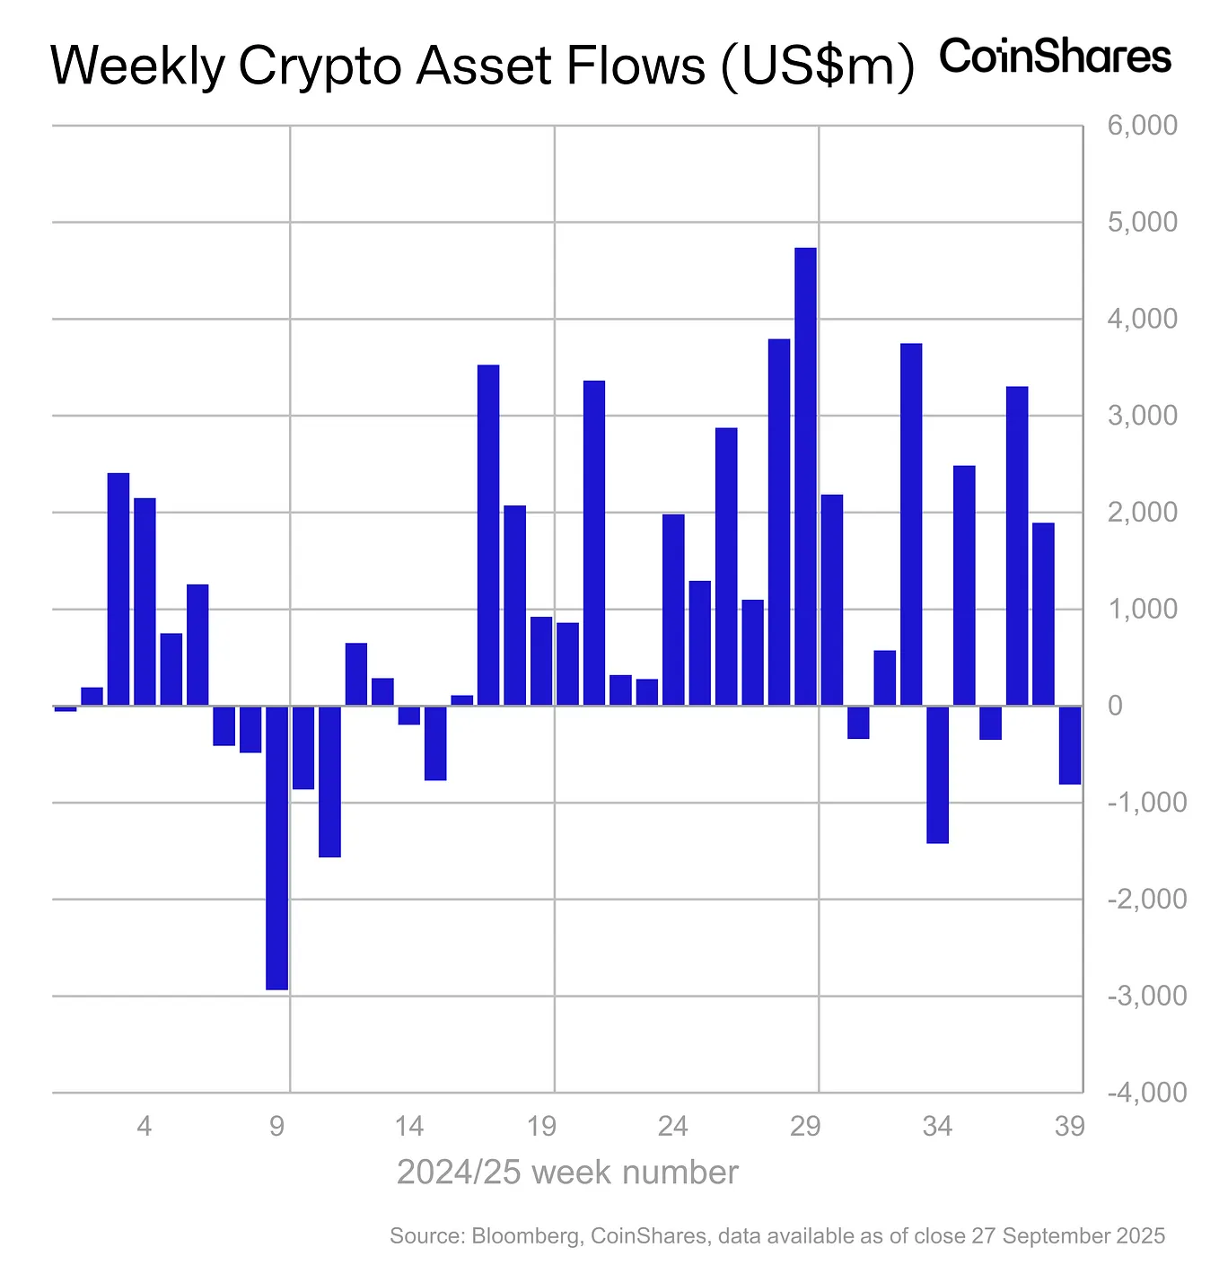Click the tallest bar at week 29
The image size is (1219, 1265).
[805, 476]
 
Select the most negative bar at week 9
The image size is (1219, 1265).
[276, 848]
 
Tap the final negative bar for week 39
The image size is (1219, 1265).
[1069, 745]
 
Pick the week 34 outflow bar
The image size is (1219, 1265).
[937, 774]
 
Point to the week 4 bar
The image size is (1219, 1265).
[145, 602]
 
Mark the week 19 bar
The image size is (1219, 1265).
[541, 661]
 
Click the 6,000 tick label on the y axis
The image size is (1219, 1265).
[1142, 126]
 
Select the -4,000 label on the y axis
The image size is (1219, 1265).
[1146, 1093]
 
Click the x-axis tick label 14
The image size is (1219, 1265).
[408, 1126]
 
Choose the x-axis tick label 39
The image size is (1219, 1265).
[1069, 1126]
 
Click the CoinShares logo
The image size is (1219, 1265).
[1055, 57]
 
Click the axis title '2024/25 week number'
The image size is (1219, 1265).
[567, 1173]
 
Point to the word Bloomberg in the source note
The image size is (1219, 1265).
[524, 1236]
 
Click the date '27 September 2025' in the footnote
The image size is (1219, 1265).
[1067, 1236]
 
